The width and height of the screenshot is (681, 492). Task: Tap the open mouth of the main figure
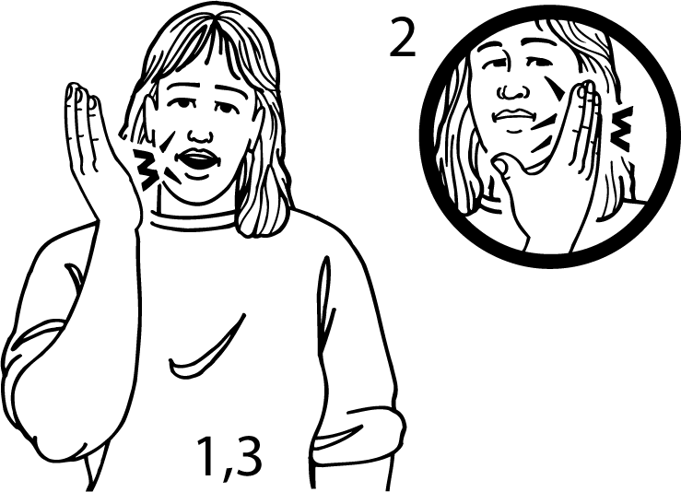tap(198, 160)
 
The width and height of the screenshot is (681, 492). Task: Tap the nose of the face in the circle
tap(514, 90)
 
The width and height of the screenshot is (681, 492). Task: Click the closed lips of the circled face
tap(513, 116)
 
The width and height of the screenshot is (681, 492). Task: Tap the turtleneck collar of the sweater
tap(194, 218)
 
